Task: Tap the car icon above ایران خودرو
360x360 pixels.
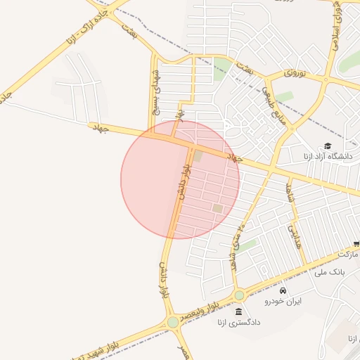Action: (283, 290)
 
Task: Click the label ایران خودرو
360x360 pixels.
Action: (283, 301)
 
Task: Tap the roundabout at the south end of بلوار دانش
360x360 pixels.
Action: (173, 322)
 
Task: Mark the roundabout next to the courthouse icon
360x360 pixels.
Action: (240, 295)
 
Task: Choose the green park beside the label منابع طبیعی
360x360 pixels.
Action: (284, 96)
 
